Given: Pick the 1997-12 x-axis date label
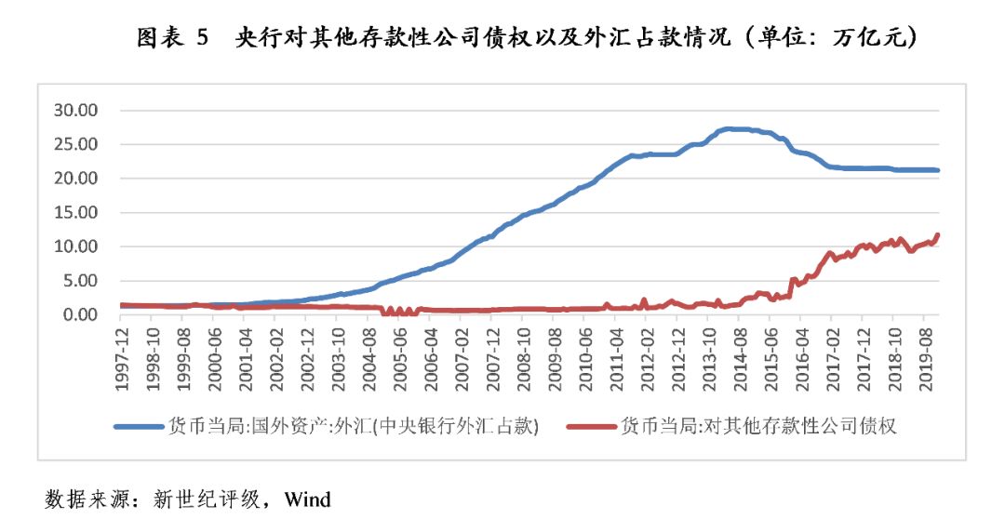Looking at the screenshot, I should [x=122, y=354].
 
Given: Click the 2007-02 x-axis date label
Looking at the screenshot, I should [x=462, y=354].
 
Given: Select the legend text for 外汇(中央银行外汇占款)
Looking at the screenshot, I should [x=354, y=426].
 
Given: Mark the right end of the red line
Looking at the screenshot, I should [x=938, y=234].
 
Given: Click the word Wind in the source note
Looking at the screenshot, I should [x=307, y=499].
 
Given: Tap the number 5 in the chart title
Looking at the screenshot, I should [x=202, y=38].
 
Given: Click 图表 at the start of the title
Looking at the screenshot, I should [x=154, y=38].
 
